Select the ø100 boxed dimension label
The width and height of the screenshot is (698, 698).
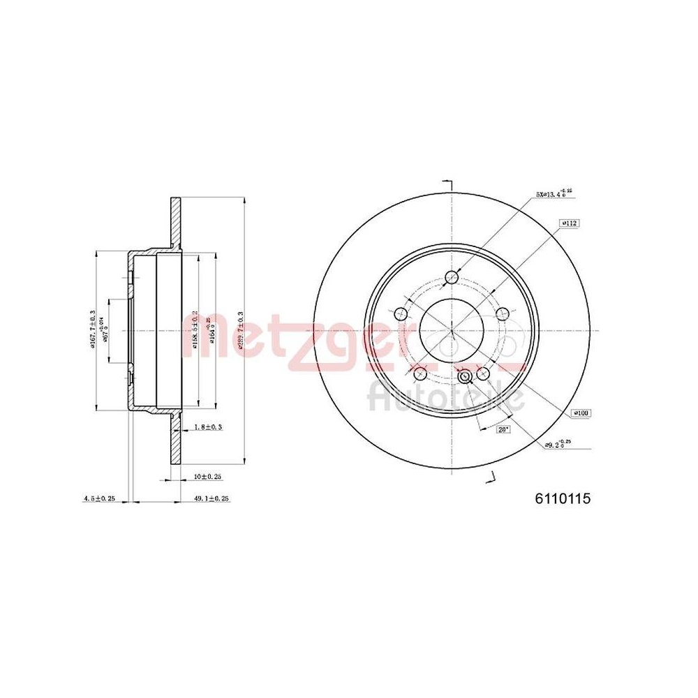coord(581,413)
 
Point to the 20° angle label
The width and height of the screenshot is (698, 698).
coord(503,430)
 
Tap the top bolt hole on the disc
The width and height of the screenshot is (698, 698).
coord(451,276)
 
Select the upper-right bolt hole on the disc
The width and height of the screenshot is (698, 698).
coord(501,314)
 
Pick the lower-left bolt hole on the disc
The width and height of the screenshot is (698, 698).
coord(419,374)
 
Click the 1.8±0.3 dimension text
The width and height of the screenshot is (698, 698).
coord(207,427)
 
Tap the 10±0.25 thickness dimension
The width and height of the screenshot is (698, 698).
coord(207,476)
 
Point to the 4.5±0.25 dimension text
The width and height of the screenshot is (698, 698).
coord(98,498)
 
